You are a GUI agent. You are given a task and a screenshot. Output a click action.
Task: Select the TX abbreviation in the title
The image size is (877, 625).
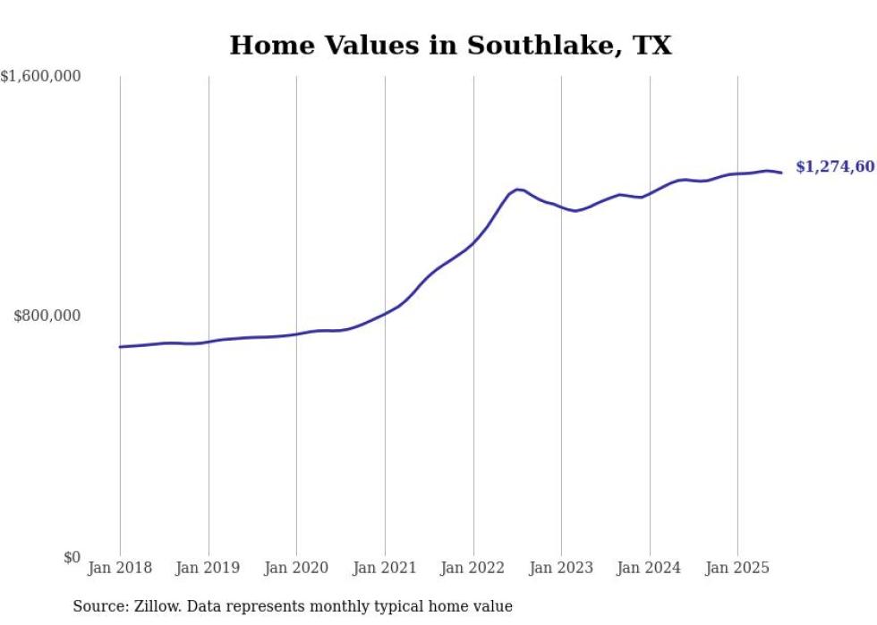[x=653, y=45]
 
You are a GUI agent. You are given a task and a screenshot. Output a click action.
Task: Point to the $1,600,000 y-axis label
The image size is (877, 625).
[x=41, y=77]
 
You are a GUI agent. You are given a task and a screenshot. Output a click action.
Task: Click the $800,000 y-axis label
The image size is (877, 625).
[x=48, y=316]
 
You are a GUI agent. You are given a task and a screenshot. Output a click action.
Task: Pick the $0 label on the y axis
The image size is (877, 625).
[x=72, y=558]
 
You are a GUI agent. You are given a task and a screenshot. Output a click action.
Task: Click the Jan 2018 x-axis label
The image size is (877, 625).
[x=120, y=568]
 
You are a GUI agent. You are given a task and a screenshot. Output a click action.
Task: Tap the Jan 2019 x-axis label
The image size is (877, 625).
[x=209, y=568]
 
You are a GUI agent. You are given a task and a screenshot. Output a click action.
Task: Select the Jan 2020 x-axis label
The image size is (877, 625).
[x=296, y=568]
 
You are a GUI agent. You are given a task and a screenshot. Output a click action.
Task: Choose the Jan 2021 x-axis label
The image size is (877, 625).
[x=385, y=568]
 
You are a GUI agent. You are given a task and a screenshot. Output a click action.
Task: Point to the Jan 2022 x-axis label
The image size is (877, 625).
[x=473, y=568]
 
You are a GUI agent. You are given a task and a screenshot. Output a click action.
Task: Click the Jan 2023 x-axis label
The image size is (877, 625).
[x=561, y=568]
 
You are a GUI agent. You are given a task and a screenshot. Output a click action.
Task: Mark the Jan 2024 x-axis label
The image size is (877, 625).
[x=650, y=568]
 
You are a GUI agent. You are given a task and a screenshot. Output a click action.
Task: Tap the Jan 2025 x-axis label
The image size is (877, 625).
[x=737, y=568]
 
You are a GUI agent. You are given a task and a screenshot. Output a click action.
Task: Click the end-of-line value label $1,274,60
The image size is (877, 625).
[x=834, y=167]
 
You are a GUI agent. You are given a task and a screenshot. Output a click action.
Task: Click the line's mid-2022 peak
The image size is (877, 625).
[x=517, y=189]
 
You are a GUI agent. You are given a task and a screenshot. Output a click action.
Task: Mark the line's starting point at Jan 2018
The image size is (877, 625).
[x=120, y=347]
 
